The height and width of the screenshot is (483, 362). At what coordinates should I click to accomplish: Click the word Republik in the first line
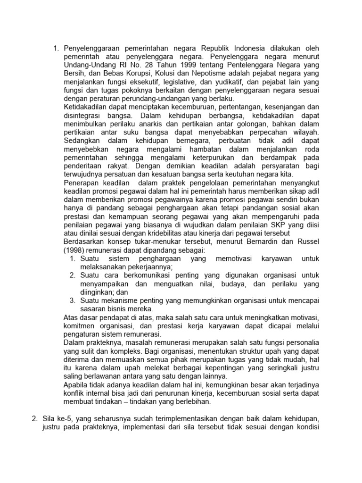[215, 48]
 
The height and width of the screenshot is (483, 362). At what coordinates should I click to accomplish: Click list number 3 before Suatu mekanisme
[73, 301]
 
